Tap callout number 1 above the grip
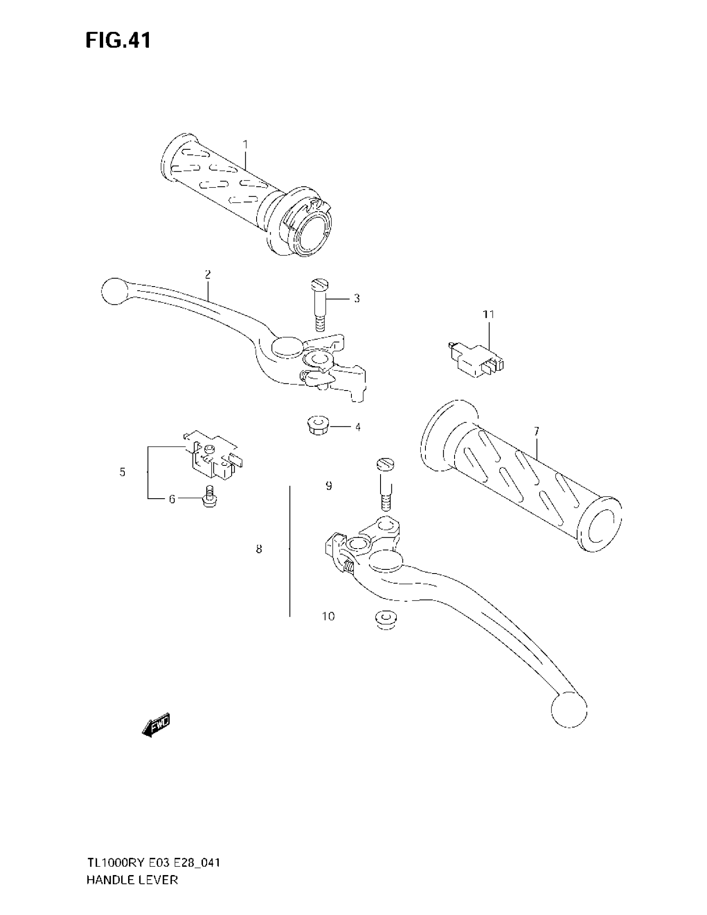click(x=245, y=145)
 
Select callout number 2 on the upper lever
click(x=208, y=274)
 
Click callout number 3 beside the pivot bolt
click(x=356, y=299)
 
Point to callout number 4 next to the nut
click(x=358, y=427)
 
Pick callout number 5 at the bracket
click(x=122, y=472)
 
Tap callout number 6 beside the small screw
click(x=172, y=499)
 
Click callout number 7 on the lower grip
click(x=536, y=431)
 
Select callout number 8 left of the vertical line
click(x=259, y=549)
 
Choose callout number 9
click(x=329, y=486)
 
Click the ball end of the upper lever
click(x=114, y=291)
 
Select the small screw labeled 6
click(x=210, y=497)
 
